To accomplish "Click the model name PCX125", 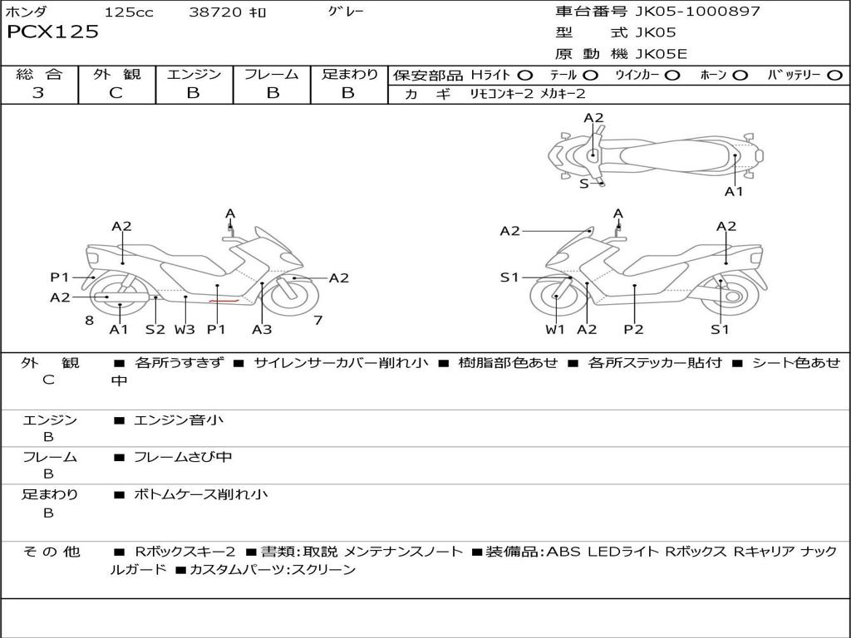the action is click(x=53, y=32).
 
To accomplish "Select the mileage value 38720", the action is click(x=215, y=12).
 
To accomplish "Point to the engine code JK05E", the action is click(x=661, y=55).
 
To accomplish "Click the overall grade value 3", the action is click(x=38, y=93).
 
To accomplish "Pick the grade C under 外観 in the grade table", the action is click(x=116, y=93).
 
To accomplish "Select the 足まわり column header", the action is click(x=349, y=75).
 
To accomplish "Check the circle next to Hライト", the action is click(x=525, y=76).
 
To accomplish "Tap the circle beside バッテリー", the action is click(x=834, y=76).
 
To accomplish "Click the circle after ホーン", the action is click(x=740, y=76).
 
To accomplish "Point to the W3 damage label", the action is click(x=184, y=329).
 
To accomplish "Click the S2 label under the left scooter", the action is click(x=155, y=329).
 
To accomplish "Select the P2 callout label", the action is click(x=634, y=329).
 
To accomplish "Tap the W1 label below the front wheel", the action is click(x=555, y=329).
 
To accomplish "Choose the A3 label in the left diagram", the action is click(x=262, y=329).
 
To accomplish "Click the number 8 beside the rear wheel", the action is click(x=88, y=320).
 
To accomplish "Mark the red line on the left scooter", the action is click(x=225, y=302).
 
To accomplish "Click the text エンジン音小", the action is click(x=179, y=420).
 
